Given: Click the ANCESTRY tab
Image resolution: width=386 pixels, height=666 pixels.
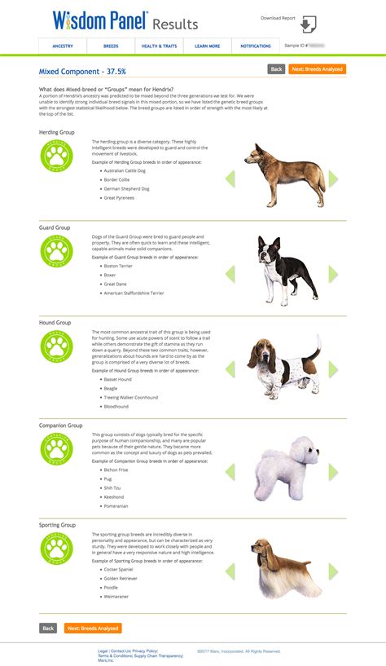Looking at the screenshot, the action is click(63, 46).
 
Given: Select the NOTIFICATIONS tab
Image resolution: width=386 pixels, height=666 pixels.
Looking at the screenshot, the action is click(256, 46).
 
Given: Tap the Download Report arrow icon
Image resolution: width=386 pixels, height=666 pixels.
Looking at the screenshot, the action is click(308, 24).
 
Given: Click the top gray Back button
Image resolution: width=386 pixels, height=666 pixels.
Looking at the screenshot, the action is click(276, 69).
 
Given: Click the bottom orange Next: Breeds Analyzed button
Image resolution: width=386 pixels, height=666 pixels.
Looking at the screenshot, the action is click(94, 629).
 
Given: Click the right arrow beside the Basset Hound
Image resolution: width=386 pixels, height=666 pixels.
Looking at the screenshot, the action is click(332, 370).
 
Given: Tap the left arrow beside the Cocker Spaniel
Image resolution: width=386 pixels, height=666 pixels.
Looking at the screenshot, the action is click(230, 570).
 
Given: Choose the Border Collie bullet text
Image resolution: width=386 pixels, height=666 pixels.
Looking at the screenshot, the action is click(118, 179).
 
